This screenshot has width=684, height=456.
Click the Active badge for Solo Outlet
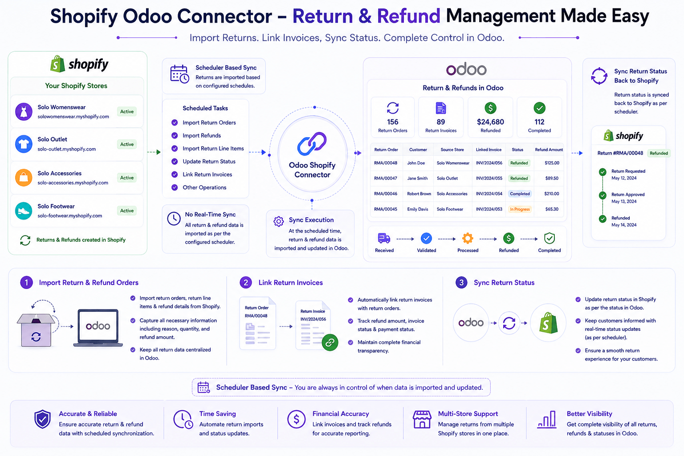(x=127, y=144)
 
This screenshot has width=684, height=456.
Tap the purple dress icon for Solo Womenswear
(x=24, y=111)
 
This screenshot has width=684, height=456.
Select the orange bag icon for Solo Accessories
(x=24, y=177)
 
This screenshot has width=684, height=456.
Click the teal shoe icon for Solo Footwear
(x=24, y=211)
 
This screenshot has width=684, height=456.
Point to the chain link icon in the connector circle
(x=312, y=143)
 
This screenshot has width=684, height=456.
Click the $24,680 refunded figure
(x=490, y=122)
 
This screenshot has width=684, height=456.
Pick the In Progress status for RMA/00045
(x=520, y=209)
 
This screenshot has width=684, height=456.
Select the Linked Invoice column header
(x=489, y=150)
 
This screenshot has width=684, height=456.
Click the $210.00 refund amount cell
(x=551, y=194)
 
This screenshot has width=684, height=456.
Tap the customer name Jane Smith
(x=417, y=179)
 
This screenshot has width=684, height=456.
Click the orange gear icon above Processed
(x=468, y=238)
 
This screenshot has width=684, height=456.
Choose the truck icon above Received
(x=384, y=238)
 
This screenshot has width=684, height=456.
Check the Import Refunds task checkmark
(x=175, y=136)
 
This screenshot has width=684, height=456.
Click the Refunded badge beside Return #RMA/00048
(x=659, y=153)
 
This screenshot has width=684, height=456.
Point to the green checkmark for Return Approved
(x=603, y=195)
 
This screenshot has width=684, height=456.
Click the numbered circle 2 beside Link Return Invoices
(x=246, y=282)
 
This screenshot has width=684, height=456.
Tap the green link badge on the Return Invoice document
(x=330, y=342)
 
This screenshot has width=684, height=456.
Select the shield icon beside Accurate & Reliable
(x=42, y=419)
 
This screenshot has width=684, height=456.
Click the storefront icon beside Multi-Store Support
(x=422, y=419)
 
